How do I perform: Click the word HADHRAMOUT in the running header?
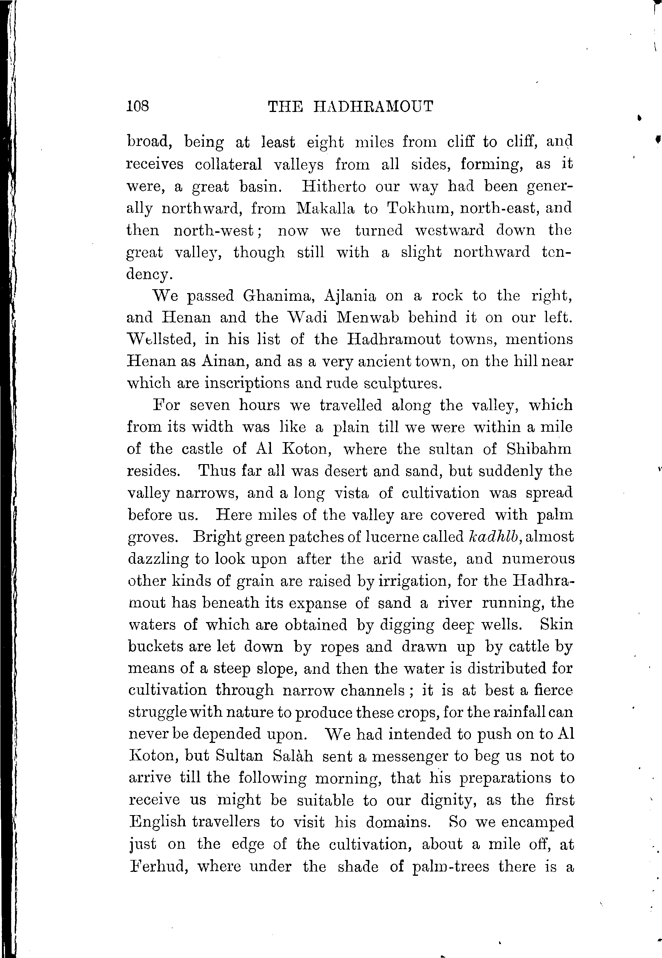[x=373, y=107]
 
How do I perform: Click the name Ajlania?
[x=350, y=296]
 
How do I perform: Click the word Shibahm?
[x=539, y=449]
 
